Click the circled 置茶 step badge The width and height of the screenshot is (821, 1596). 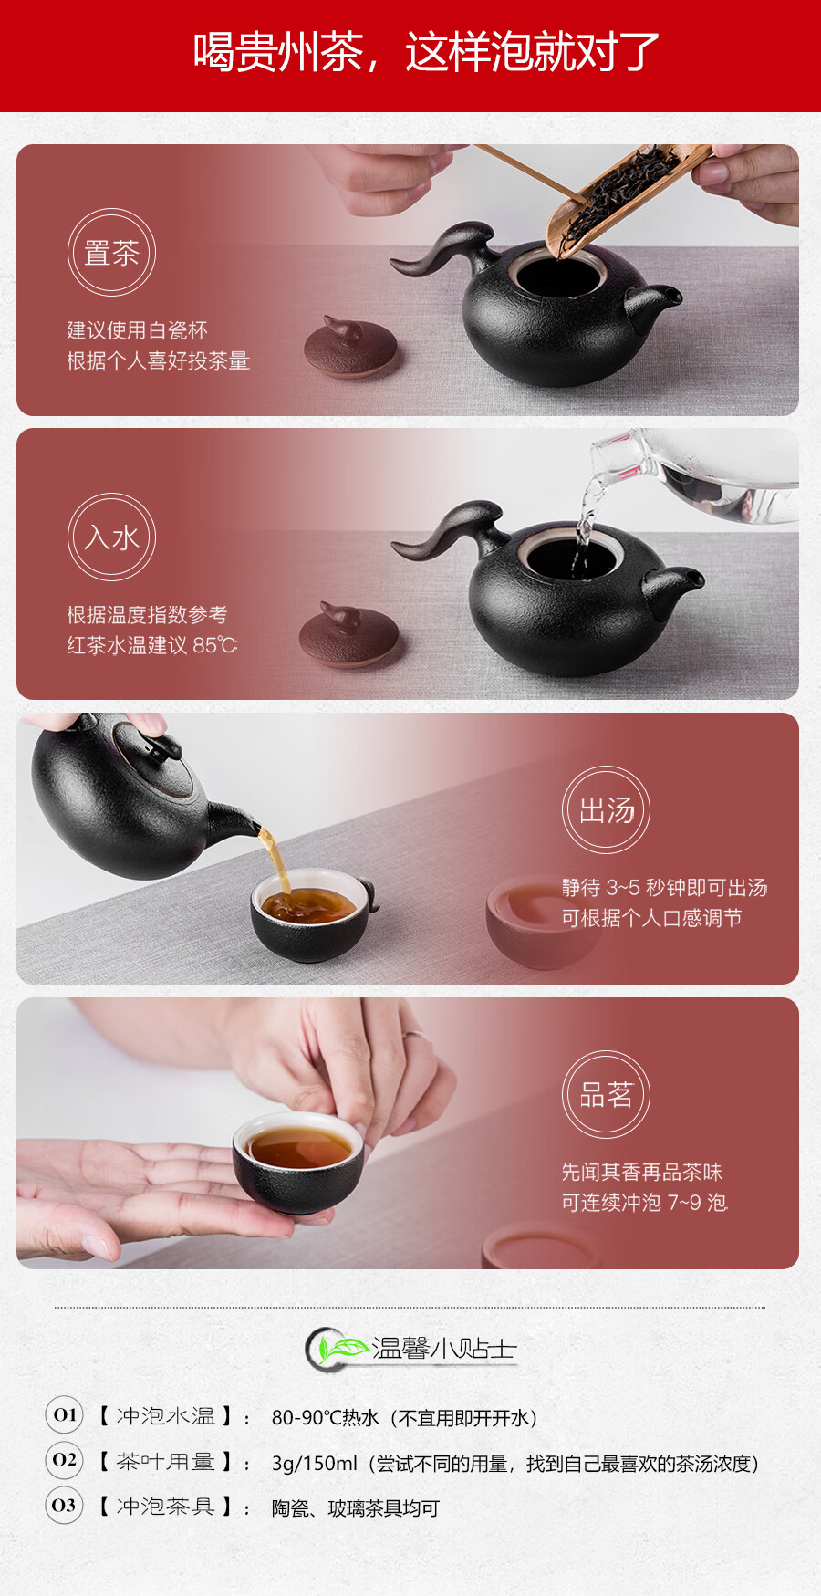[x=111, y=253]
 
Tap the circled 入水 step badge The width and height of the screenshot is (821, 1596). [x=111, y=537]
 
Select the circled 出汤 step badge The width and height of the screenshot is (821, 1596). [x=607, y=810]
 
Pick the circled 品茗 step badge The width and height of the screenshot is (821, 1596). [x=607, y=1095]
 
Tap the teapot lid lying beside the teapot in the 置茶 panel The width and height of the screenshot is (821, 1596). [x=350, y=346]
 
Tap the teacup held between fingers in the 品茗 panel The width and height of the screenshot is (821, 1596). [x=298, y=1162]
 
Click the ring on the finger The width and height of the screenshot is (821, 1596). [x=411, y=1035]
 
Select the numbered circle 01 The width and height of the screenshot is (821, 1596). [x=64, y=1415]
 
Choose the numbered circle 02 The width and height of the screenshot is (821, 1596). [x=64, y=1460]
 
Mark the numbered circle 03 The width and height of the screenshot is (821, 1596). [x=64, y=1505]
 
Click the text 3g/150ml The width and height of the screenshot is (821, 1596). [x=315, y=1464]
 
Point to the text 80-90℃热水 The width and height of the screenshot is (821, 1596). [x=326, y=1418]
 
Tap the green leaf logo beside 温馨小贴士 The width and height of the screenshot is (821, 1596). [x=339, y=1348]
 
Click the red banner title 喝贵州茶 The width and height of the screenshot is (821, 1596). [x=278, y=52]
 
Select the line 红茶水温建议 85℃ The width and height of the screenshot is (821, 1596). [x=152, y=645]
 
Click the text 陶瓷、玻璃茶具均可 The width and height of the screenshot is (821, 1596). [x=356, y=1508]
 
